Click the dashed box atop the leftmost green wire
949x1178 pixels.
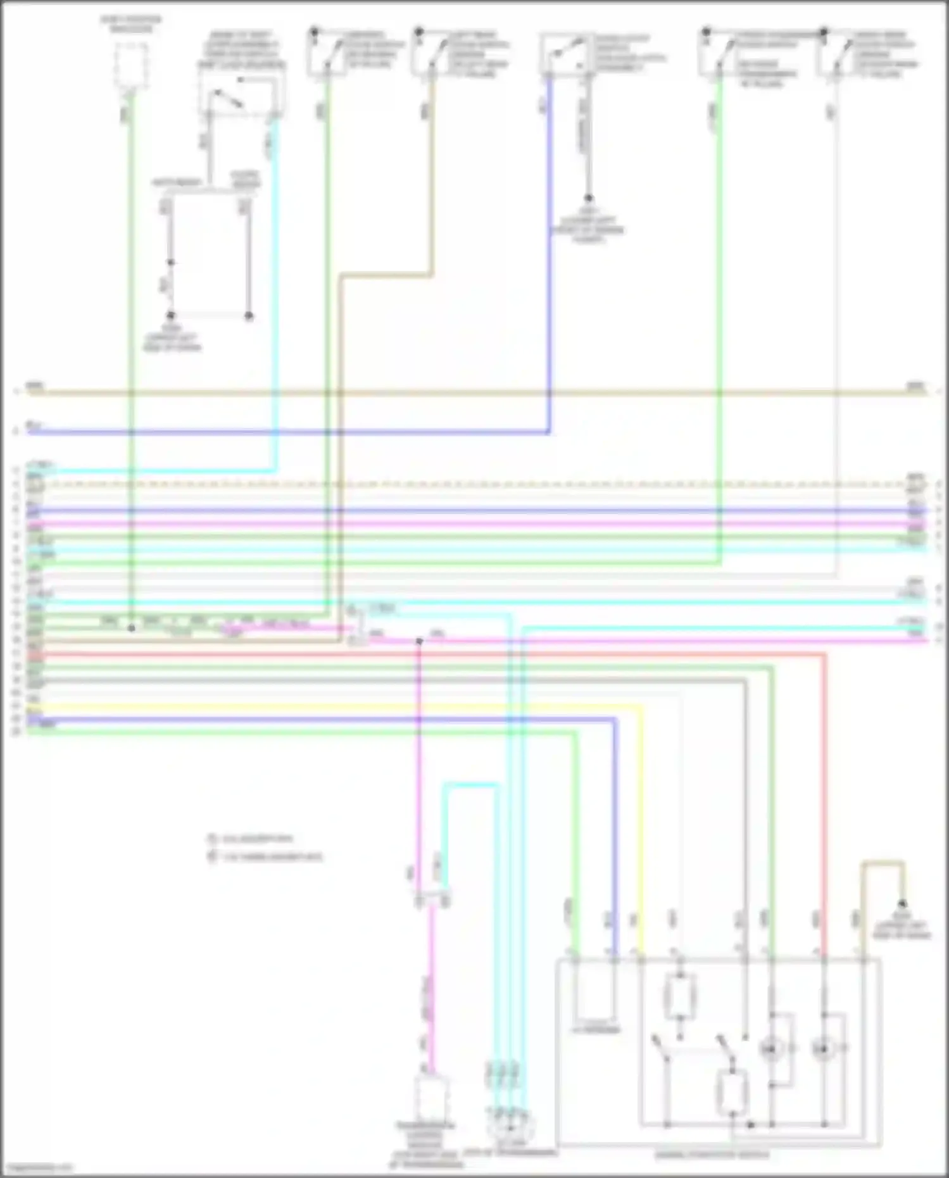(x=131, y=66)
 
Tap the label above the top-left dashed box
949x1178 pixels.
(x=131, y=25)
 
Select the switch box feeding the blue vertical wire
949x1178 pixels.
(x=566, y=54)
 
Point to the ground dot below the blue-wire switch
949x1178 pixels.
(x=588, y=198)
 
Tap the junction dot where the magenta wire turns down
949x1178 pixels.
(x=419, y=641)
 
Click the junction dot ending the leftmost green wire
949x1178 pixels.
(x=132, y=628)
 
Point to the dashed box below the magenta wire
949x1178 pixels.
(x=431, y=1098)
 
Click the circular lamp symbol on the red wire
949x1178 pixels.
(x=823, y=1050)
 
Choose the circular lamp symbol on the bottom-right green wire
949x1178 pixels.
(x=770, y=1050)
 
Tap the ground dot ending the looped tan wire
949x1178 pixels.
(x=903, y=904)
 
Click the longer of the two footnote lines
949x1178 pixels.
(x=266, y=857)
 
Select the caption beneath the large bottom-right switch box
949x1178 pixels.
(x=712, y=1155)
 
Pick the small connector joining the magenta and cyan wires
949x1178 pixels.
(x=432, y=899)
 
